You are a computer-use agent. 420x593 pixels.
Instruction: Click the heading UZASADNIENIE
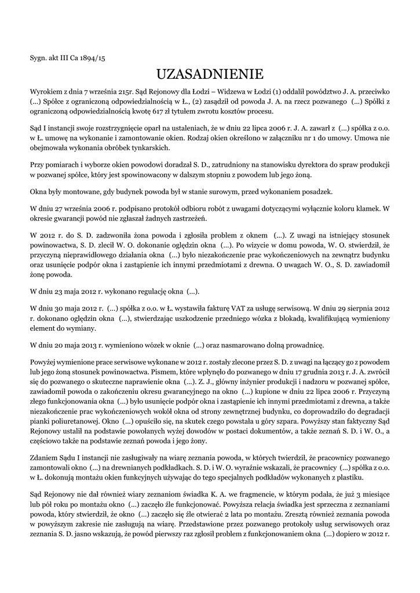(210, 74)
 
